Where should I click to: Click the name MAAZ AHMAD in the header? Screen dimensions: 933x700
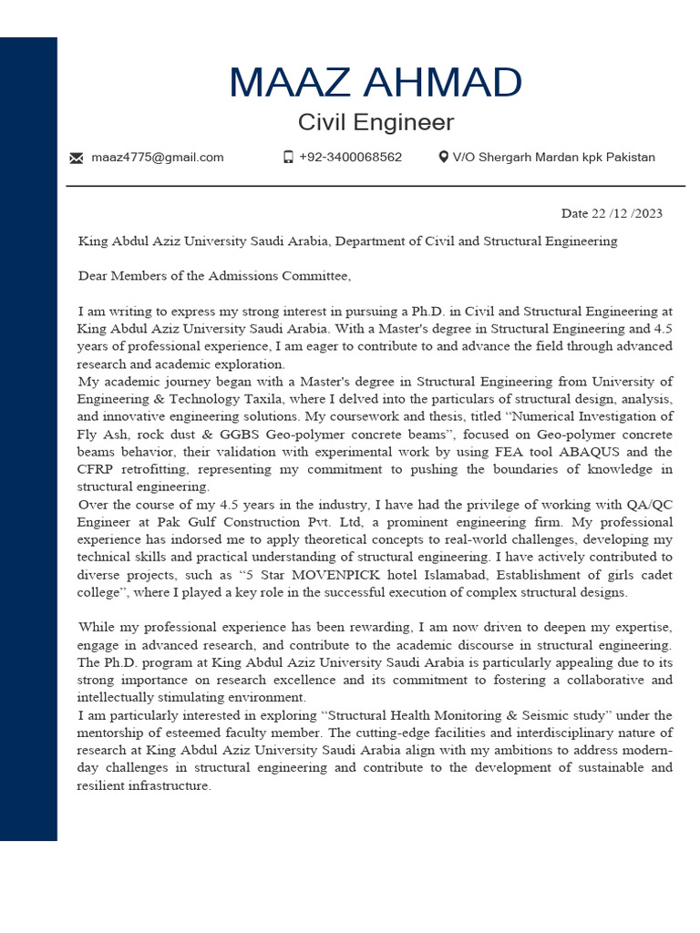pyautogui.click(x=375, y=83)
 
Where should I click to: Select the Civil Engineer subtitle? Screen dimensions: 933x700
pyautogui.click(x=375, y=122)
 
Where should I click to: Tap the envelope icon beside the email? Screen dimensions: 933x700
pyautogui.click(x=77, y=158)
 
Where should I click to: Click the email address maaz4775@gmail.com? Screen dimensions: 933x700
pyautogui.click(x=157, y=158)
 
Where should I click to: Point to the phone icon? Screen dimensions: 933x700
pyautogui.click(x=288, y=157)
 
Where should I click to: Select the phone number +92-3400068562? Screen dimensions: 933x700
pyautogui.click(x=350, y=157)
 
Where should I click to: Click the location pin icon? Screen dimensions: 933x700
pyautogui.click(x=443, y=157)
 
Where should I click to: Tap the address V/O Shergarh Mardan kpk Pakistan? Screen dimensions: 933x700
pyautogui.click(x=553, y=157)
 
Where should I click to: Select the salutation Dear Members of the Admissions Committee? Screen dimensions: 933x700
pyautogui.click(x=214, y=275)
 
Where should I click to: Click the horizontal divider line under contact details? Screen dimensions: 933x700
pyautogui.click(x=375, y=186)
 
